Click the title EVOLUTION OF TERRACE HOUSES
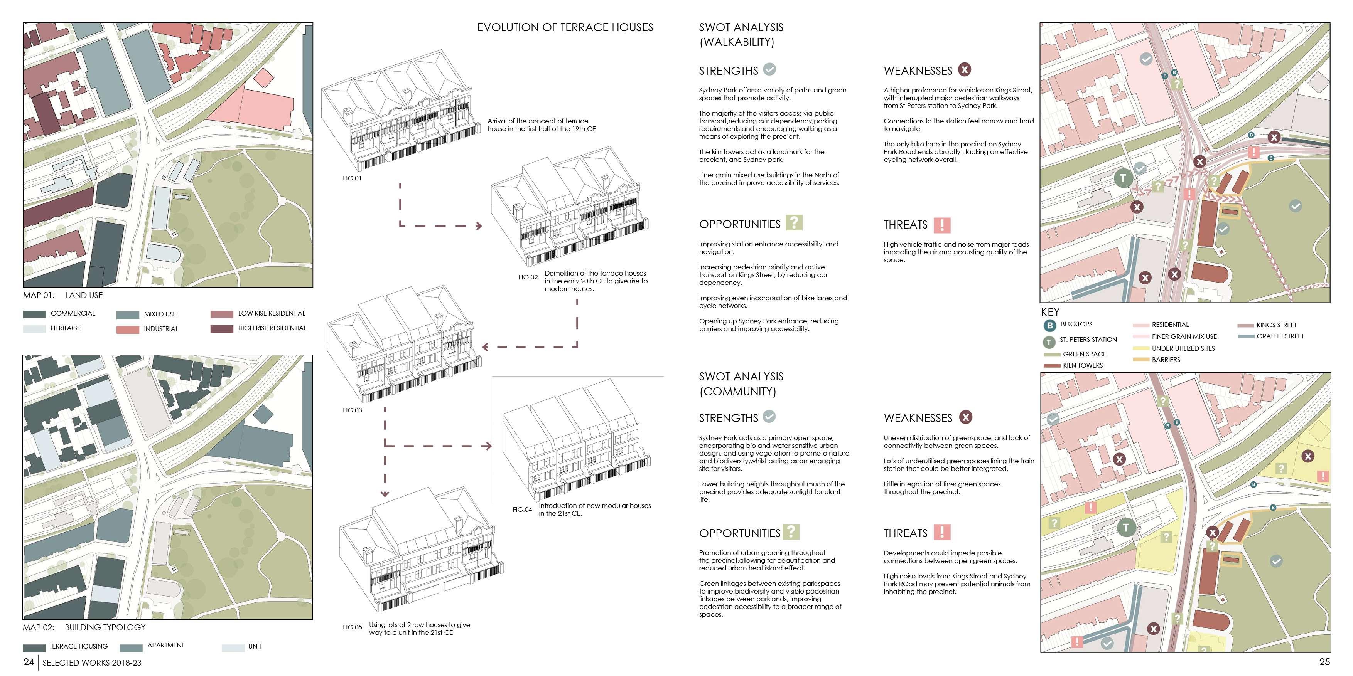(x=565, y=27)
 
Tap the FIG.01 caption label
(x=352, y=178)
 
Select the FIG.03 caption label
(x=352, y=410)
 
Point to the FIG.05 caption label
(x=352, y=627)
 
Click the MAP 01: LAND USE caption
(x=62, y=295)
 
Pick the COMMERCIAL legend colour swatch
(x=34, y=314)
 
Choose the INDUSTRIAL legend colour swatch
(x=127, y=330)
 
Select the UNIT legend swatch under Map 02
(x=233, y=647)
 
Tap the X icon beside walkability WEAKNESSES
(x=964, y=69)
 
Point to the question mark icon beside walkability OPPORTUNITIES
(x=794, y=222)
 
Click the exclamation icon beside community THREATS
(x=942, y=532)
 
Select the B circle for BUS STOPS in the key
(x=1049, y=325)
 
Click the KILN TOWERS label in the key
(x=1083, y=365)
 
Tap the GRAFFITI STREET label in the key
(x=1280, y=336)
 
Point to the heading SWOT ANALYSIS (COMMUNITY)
(x=741, y=383)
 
